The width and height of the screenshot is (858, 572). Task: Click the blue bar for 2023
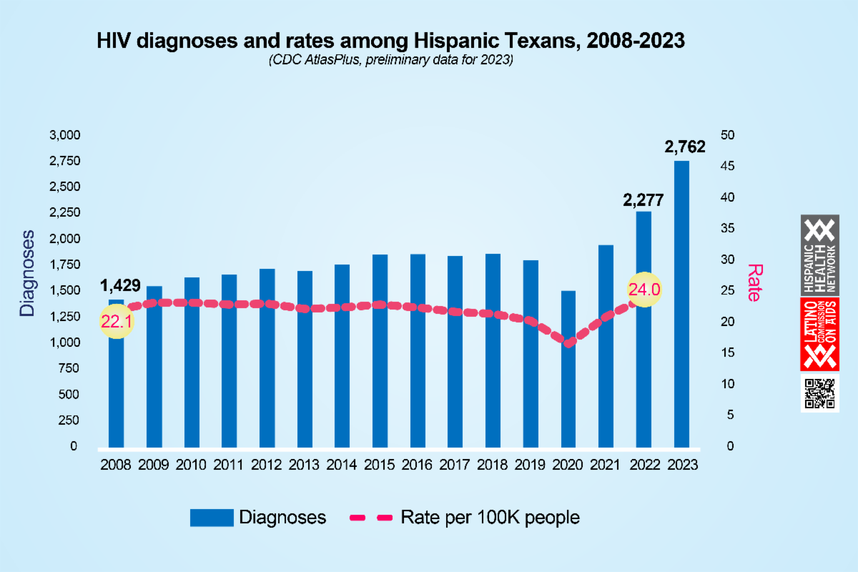[681, 304]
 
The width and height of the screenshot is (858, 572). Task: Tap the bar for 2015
[380, 350]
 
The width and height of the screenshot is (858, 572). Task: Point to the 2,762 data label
[685, 147]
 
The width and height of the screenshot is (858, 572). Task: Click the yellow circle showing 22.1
[117, 322]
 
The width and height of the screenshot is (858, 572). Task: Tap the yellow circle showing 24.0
[644, 290]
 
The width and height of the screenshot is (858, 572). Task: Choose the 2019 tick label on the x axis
[531, 465]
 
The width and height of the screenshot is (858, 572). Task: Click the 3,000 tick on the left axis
[65, 135]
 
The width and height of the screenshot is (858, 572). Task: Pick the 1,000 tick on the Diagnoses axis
[65, 342]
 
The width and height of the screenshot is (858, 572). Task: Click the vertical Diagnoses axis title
[27, 273]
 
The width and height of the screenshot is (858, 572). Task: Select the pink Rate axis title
[754, 282]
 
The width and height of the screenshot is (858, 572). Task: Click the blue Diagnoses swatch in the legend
[212, 518]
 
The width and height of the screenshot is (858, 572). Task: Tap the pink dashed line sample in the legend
[370, 518]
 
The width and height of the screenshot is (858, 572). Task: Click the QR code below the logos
[819, 393]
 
